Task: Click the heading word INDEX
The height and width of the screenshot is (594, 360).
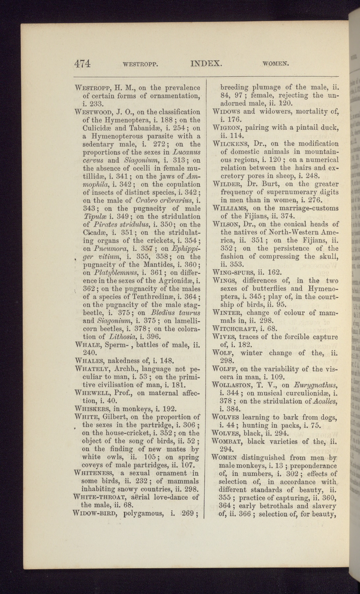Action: point(205,63)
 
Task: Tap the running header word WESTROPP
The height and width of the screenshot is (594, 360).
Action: point(140,64)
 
